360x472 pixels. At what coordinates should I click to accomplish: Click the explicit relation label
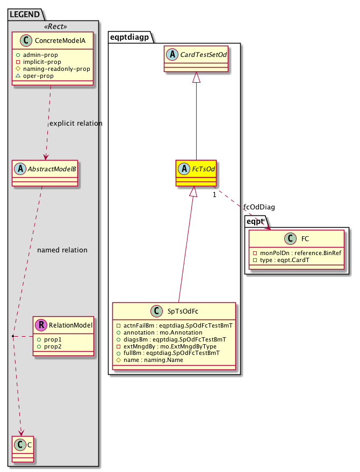pyautogui.click(x=75, y=123)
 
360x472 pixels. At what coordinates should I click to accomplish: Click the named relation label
pyautogui.click(x=62, y=250)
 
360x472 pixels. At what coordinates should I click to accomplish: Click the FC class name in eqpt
pyautogui.click(x=305, y=238)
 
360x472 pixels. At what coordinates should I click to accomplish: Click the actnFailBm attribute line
pyautogui.click(x=171, y=326)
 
